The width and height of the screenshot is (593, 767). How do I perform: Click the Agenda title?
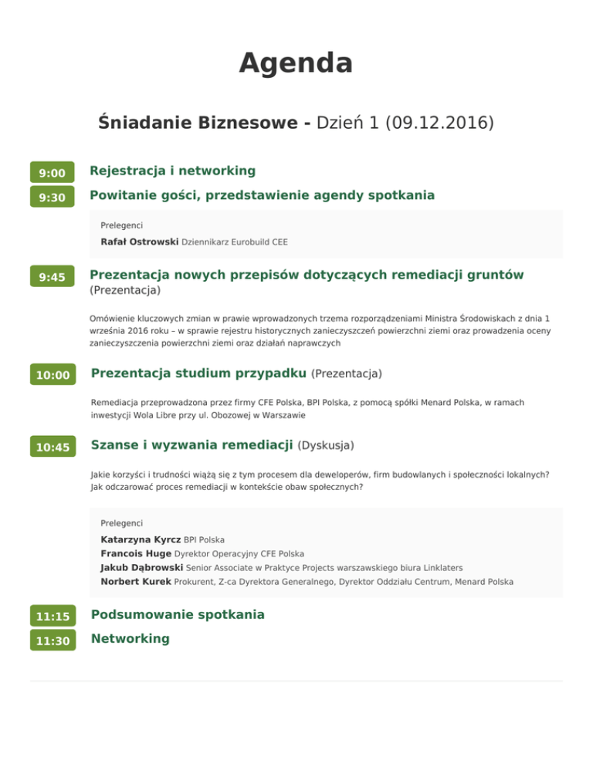pyautogui.click(x=296, y=63)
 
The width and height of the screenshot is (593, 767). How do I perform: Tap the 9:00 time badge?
pyautogui.click(x=52, y=173)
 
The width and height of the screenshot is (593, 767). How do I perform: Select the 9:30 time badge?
pyautogui.click(x=52, y=198)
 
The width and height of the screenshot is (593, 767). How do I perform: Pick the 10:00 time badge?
pyautogui.click(x=52, y=376)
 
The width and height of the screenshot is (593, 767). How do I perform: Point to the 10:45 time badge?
pyautogui.click(x=52, y=448)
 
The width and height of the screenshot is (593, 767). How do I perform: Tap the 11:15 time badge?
pyautogui.click(x=52, y=617)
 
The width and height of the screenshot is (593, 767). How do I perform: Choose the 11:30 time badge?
pyautogui.click(x=52, y=641)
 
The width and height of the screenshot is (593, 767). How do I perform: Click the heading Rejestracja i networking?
pyautogui.click(x=172, y=170)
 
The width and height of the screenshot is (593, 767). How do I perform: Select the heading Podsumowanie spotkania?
pyautogui.click(x=178, y=614)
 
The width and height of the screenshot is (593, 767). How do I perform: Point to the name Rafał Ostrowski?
pyautogui.click(x=140, y=242)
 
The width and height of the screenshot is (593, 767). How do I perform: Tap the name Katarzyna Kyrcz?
pyautogui.click(x=141, y=539)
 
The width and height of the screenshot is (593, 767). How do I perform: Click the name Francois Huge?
pyautogui.click(x=136, y=553)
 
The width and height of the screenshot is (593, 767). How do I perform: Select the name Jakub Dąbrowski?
pyautogui.click(x=142, y=567)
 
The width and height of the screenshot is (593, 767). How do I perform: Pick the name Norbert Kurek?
pyautogui.click(x=136, y=581)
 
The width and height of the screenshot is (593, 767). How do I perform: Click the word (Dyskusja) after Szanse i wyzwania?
pyautogui.click(x=325, y=445)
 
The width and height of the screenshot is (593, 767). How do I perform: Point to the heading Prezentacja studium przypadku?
pyautogui.click(x=198, y=373)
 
